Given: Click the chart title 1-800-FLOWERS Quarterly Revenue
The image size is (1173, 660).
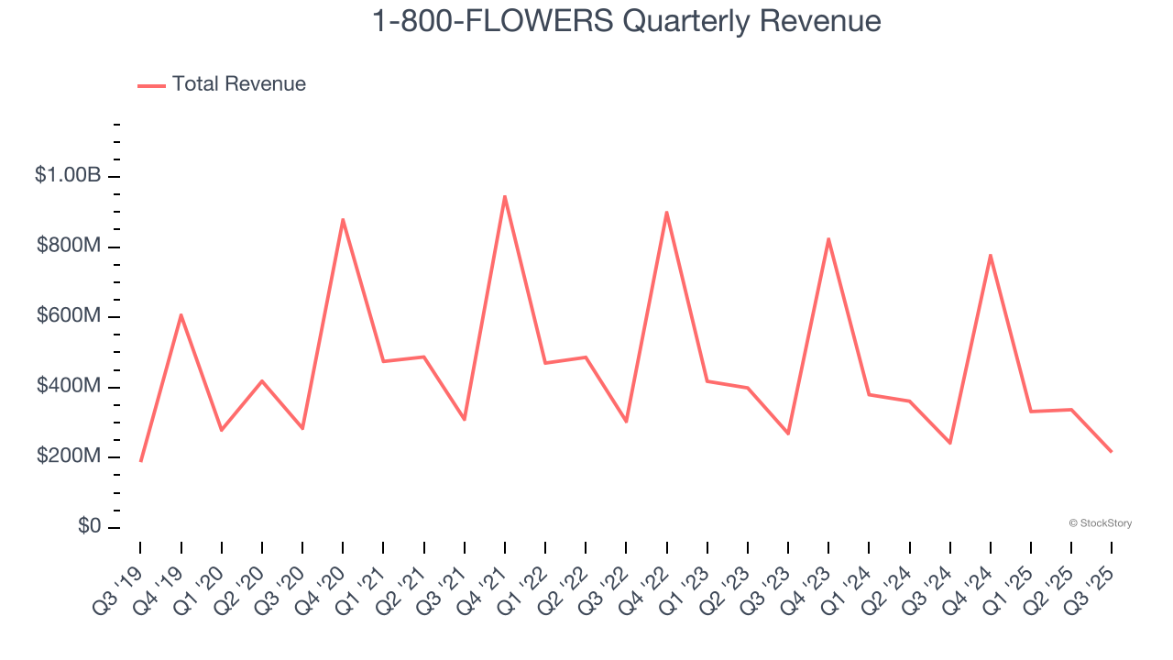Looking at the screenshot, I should pyautogui.click(x=626, y=21).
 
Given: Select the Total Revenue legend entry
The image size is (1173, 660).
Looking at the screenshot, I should pyautogui.click(x=222, y=84).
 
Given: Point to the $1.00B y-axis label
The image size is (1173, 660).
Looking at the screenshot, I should pyautogui.click(x=68, y=175).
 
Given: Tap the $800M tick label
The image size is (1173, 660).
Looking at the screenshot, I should pyautogui.click(x=68, y=246).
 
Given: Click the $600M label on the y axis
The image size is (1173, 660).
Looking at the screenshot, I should pyautogui.click(x=68, y=316).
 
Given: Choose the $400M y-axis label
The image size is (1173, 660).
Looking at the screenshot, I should pyautogui.click(x=68, y=386).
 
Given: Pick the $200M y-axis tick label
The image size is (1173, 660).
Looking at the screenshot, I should pyautogui.click(x=68, y=456).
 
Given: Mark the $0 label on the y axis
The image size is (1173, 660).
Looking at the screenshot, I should pyautogui.click(x=90, y=527).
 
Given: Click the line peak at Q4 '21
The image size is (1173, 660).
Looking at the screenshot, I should pyautogui.click(x=505, y=196).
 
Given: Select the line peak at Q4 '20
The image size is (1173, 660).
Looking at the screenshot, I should pyautogui.click(x=343, y=220).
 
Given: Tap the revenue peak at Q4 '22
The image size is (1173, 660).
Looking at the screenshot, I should pyautogui.click(x=666, y=213).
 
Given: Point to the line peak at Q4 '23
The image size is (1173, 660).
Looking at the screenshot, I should pyautogui.click(x=828, y=239).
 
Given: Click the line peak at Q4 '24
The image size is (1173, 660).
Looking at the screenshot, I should pyautogui.click(x=991, y=255).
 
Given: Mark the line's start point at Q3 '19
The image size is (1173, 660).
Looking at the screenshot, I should pyautogui.click(x=141, y=460).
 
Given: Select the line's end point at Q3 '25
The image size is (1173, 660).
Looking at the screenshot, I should pyautogui.click(x=1111, y=451).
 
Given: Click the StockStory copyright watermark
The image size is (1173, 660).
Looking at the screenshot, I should pyautogui.click(x=1100, y=523).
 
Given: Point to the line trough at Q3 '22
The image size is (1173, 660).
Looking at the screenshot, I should pyautogui.click(x=626, y=422).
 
